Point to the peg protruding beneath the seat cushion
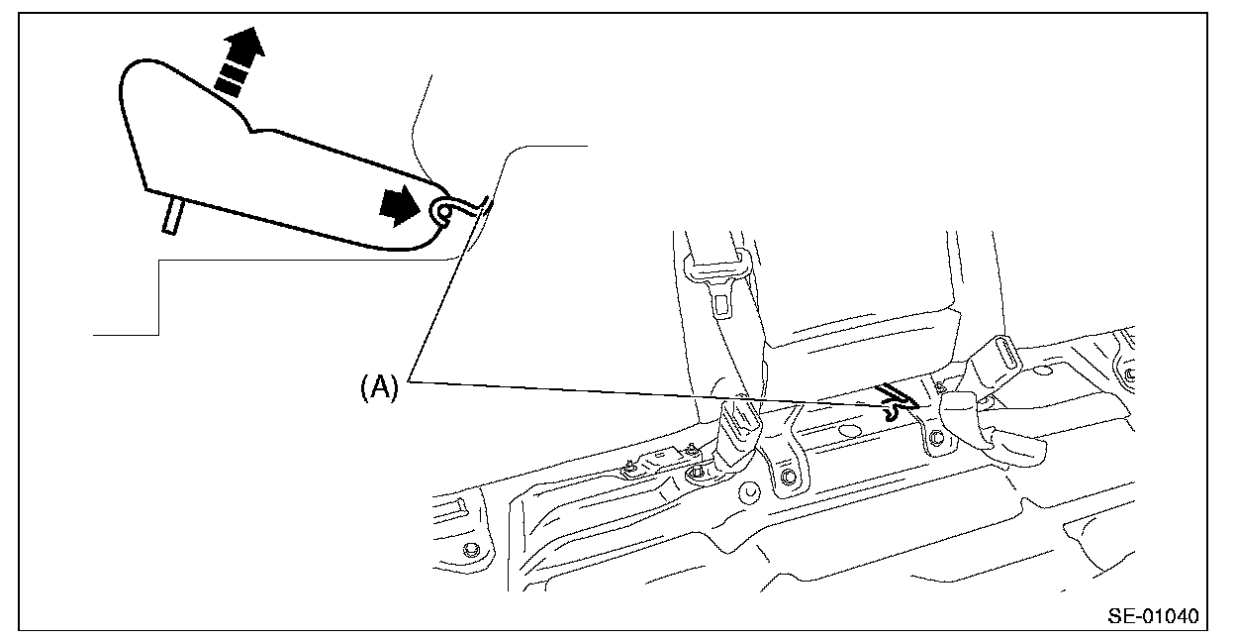click(x=170, y=214)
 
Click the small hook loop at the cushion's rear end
click(x=442, y=210)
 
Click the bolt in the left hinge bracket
click(x=789, y=480)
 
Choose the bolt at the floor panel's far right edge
click(x=1129, y=373)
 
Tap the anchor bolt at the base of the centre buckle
click(x=697, y=473)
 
